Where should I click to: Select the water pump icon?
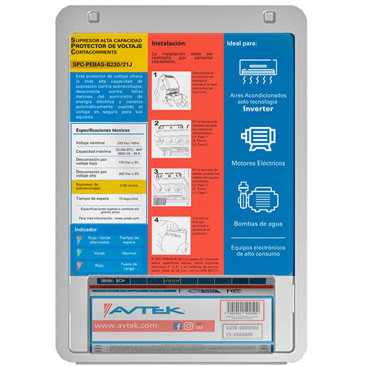click(258, 197)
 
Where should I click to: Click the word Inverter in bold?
click(258, 109)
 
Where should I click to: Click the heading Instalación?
click(169, 43)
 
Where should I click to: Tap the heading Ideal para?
click(242, 43)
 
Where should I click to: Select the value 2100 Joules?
click(128, 186)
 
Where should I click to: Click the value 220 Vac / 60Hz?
click(128, 143)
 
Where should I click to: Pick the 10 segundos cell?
click(128, 198)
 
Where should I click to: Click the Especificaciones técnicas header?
click(102, 130)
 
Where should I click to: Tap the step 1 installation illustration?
click(171, 90)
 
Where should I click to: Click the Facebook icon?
click(178, 326)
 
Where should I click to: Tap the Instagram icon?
click(188, 326)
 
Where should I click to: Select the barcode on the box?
click(242, 307)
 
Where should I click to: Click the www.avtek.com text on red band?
click(126, 325)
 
